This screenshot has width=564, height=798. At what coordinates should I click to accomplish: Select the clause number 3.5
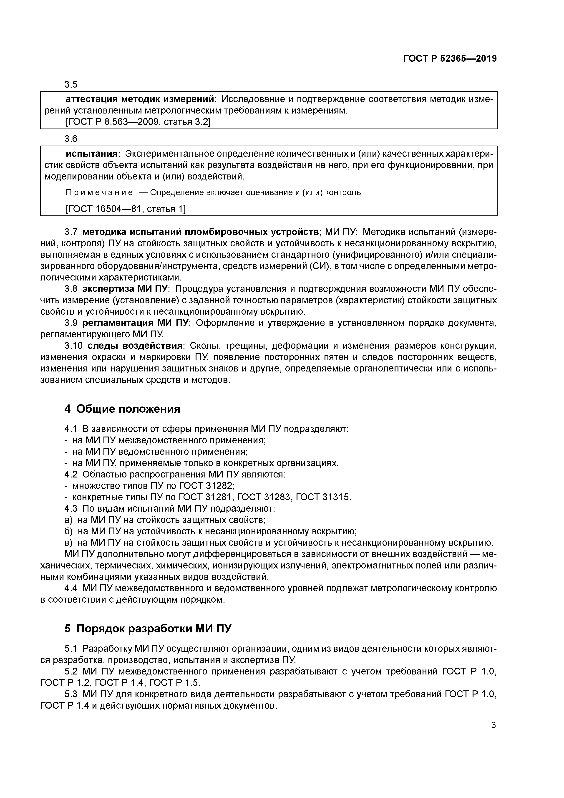(71, 84)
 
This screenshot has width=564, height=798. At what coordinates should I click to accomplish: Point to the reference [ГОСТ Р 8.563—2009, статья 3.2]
(138, 122)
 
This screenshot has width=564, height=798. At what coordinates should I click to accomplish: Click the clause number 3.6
(71, 139)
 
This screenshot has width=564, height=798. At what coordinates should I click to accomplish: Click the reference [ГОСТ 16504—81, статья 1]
(126, 209)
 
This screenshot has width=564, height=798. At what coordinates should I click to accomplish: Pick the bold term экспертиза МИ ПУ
(125, 289)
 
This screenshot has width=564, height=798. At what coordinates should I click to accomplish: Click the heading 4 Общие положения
(122, 409)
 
